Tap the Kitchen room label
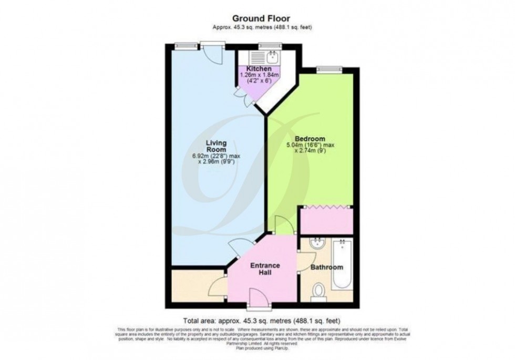coord(260,69)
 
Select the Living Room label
coord(215,146)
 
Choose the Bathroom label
coord(326,268)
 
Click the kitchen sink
coord(273,55)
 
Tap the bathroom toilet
coord(318,292)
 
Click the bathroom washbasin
coord(317,244)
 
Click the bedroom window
coord(329,68)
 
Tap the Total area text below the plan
coord(262,320)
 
